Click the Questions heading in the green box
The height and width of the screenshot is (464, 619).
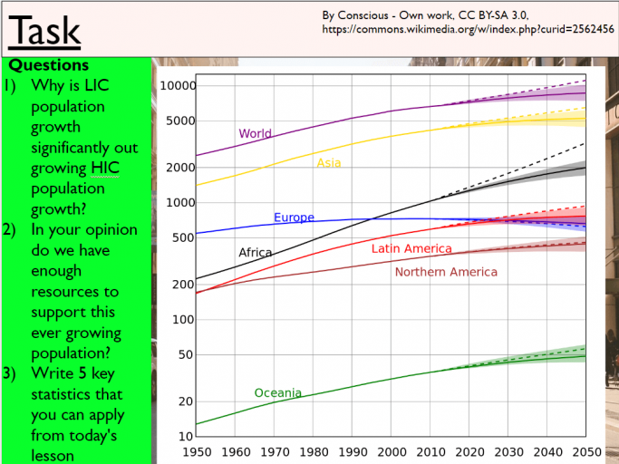point(49,65)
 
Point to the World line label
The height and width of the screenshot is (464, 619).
point(255,133)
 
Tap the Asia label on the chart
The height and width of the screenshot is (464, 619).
point(328,162)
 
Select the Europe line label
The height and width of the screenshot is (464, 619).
point(294,217)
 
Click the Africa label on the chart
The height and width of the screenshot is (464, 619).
point(255,253)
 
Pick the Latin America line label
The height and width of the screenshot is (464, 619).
point(411,248)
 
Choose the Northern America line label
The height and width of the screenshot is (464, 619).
point(446,272)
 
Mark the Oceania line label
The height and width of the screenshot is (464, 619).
point(277,392)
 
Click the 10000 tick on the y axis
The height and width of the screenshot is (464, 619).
point(178,86)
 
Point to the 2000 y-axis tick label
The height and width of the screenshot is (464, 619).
point(181,168)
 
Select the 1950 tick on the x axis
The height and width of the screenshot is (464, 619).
point(197,450)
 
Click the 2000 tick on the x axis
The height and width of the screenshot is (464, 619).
point(392,450)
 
